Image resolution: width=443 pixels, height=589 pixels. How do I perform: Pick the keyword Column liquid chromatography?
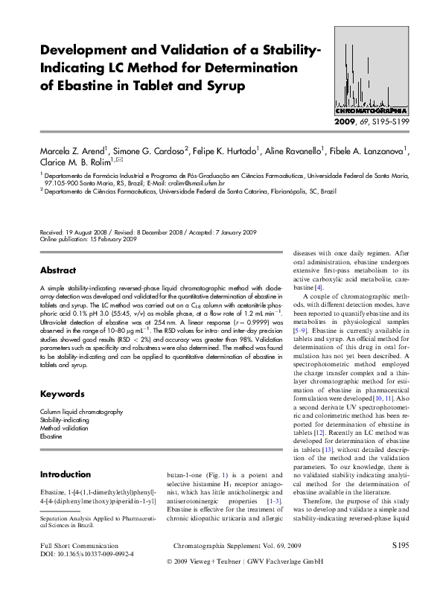coord(81,412)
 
